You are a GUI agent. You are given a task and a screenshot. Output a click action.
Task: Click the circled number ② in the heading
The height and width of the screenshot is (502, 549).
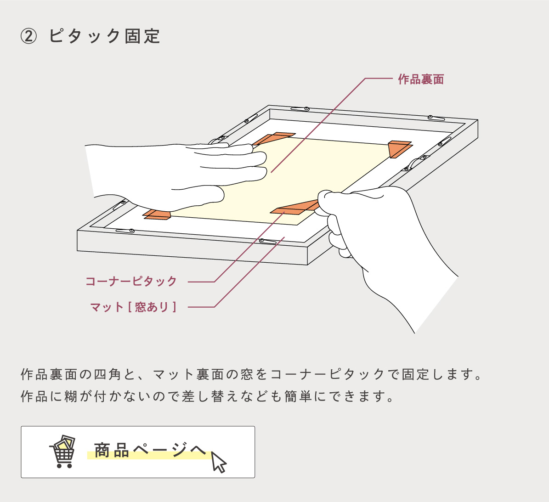pos(28,36)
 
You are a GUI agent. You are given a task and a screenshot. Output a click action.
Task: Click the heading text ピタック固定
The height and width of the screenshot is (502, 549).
pos(105,36)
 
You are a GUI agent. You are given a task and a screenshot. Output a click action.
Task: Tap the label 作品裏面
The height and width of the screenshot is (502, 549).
pos(421,79)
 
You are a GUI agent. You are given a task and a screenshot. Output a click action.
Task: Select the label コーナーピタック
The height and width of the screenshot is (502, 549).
pos(131,281)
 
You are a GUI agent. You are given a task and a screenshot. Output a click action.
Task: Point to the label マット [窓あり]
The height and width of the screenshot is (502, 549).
pos(133,307)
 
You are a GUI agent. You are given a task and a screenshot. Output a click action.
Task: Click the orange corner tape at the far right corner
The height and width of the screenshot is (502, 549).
pos(399,148)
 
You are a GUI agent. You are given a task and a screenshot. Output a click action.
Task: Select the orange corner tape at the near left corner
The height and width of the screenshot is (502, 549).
pos(157,214)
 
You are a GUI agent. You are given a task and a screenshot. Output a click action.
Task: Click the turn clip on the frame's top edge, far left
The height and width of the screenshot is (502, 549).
pos(300,109)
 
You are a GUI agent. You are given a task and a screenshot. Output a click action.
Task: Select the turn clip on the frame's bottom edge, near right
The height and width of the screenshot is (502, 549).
pos(267,241)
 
